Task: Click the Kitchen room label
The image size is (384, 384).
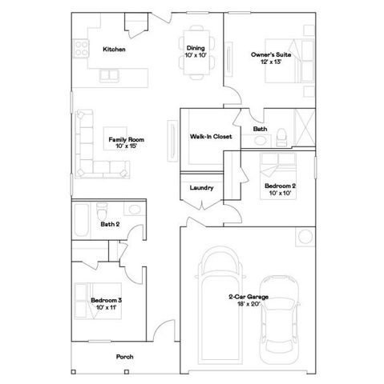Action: point(113,50)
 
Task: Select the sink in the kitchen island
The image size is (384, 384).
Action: point(107,76)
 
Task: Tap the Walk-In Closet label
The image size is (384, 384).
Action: point(211,137)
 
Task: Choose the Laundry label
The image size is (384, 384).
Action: point(200,188)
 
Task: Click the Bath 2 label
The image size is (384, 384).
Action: point(110,225)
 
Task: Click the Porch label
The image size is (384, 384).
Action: point(124,357)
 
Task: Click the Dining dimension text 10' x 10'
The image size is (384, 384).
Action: point(196,55)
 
